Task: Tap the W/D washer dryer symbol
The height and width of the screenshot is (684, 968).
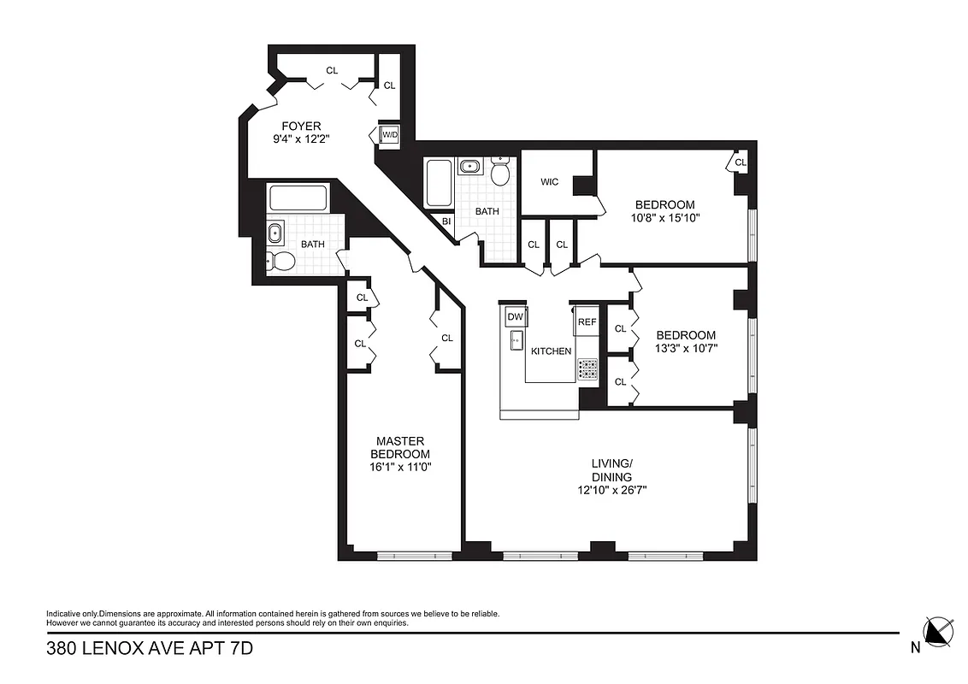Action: (x=390, y=135)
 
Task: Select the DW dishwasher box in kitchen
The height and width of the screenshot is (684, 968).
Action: (x=515, y=317)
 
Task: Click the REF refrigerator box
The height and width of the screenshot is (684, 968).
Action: (x=587, y=322)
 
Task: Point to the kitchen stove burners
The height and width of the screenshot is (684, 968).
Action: (x=588, y=369)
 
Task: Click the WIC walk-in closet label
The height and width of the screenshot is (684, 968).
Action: (x=550, y=182)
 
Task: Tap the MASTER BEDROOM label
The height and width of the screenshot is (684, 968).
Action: (x=399, y=447)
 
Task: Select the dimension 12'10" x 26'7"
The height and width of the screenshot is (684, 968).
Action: (x=611, y=491)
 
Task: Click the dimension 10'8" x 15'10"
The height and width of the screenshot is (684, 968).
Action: (x=664, y=219)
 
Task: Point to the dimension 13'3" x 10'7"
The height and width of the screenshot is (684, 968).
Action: (x=685, y=348)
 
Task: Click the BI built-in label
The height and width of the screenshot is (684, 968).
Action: (x=446, y=221)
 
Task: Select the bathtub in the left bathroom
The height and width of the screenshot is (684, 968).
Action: (x=298, y=198)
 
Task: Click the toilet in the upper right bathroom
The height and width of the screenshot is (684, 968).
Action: (x=500, y=173)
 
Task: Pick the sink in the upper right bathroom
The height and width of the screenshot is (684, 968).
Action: (x=469, y=166)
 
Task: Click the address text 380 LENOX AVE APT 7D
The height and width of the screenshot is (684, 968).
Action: (x=150, y=649)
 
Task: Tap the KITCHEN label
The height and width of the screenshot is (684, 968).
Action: (x=551, y=351)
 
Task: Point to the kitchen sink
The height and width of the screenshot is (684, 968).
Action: (x=515, y=341)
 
